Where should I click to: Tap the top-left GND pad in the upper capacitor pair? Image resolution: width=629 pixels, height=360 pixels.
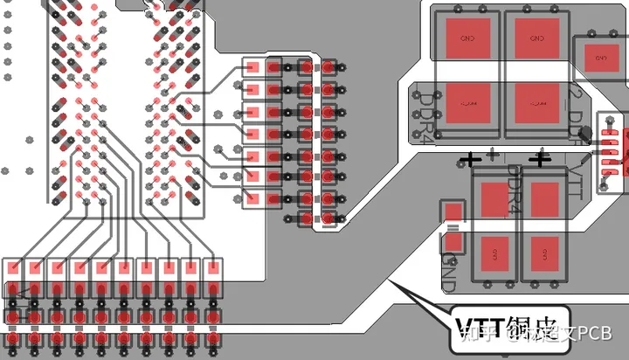pos(467,38)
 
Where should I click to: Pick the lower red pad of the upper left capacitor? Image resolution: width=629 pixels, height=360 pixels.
pos(467,103)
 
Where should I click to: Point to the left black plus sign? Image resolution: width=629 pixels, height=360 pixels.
pos(472,159)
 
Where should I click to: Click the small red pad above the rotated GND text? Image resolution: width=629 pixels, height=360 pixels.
pos(454,212)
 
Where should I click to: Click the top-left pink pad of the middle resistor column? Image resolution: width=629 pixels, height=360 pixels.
pos(253,67)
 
